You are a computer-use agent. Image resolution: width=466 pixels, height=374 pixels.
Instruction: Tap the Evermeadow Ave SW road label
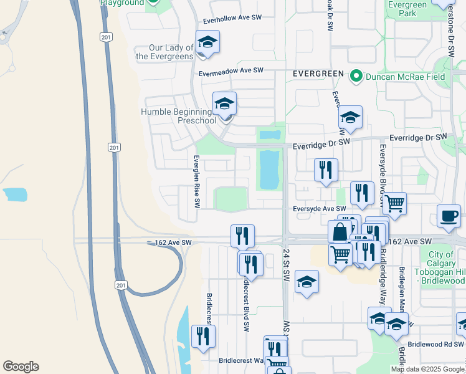point(231,72)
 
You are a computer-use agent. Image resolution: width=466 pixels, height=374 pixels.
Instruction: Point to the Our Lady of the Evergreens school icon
point(208,42)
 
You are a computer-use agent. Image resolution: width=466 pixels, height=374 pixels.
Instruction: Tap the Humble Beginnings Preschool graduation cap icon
point(224,103)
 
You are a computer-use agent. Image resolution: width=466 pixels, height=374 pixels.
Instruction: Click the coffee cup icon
point(449,216)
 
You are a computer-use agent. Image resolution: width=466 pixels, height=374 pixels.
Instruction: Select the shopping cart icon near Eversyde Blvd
point(394,203)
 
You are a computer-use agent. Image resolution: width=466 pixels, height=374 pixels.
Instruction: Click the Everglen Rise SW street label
point(196,181)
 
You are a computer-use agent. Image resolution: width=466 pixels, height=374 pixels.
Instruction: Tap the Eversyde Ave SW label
point(319,209)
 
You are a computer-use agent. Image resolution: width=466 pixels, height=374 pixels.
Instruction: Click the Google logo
point(21,367)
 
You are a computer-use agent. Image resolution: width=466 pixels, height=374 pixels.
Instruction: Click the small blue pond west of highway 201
point(15,194)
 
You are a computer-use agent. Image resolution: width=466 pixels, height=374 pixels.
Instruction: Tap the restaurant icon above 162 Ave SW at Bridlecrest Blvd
point(242,236)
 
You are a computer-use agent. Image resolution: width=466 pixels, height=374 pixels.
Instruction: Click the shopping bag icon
point(340,232)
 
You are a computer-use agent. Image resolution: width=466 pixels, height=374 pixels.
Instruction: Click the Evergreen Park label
point(406,8)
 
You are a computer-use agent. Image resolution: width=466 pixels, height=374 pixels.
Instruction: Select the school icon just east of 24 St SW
point(307,281)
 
